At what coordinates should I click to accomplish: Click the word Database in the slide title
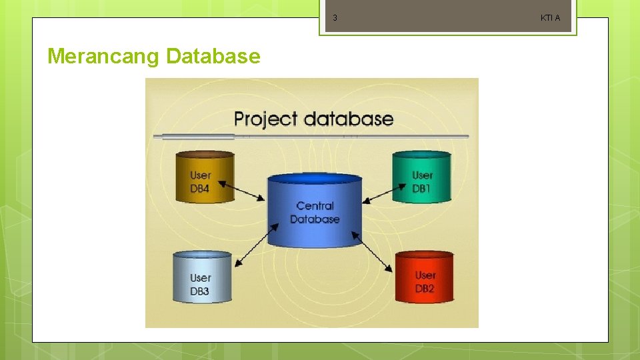coord(213,57)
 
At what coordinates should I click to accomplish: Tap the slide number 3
coord(335,18)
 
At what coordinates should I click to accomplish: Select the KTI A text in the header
coord(550,18)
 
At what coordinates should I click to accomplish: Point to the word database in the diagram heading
coord(348,119)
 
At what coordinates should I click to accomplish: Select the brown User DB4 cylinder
coord(205,177)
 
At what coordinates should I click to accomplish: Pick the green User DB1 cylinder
coord(421,177)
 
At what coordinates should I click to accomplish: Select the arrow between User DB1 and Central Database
coord(378,193)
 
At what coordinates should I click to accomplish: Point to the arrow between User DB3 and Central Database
coord(255,247)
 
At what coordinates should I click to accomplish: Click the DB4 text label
coord(200,189)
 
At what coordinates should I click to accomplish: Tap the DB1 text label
coord(421,189)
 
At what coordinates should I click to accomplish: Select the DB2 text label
coord(425,289)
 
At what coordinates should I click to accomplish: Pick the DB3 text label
coord(200,291)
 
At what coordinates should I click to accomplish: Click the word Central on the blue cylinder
coord(315,206)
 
